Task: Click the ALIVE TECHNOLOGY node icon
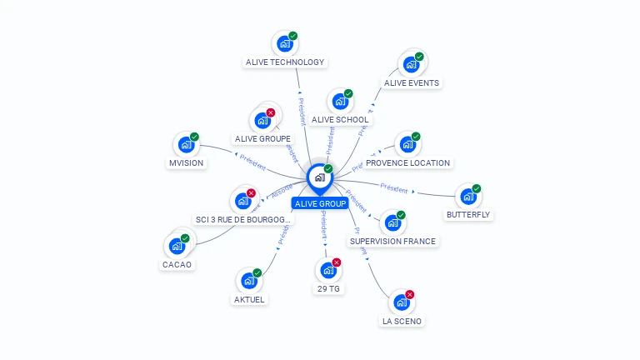click(285, 43)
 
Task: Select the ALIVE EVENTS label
click(412, 82)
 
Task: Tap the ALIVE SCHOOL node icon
click(340, 102)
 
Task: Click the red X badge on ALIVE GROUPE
click(270, 112)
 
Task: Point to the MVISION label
click(186, 163)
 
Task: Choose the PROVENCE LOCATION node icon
click(407, 144)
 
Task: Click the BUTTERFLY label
click(468, 214)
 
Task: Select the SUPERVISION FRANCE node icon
click(392, 223)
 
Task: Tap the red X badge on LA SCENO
click(409, 294)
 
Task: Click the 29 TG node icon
click(328, 270)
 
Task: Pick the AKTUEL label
click(249, 299)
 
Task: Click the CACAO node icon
click(177, 246)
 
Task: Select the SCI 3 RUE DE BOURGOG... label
click(242, 219)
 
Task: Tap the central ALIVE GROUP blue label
click(320, 203)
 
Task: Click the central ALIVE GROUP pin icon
click(319, 177)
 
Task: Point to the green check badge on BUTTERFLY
click(477, 188)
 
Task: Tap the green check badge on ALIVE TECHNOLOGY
click(293, 36)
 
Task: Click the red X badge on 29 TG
click(337, 262)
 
